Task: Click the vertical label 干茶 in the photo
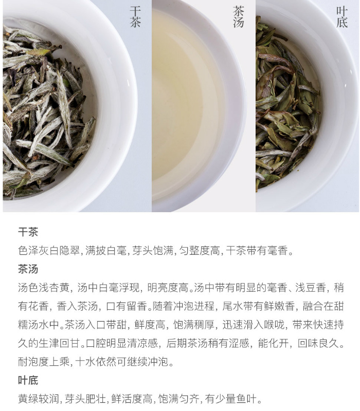click(x=135, y=17)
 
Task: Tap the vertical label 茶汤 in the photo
click(x=239, y=17)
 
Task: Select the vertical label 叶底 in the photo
click(x=342, y=17)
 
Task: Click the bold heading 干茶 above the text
click(x=28, y=232)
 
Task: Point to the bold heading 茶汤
click(x=28, y=269)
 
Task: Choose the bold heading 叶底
click(x=28, y=380)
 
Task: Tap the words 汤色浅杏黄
click(x=44, y=288)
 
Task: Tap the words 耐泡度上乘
click(x=44, y=362)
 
